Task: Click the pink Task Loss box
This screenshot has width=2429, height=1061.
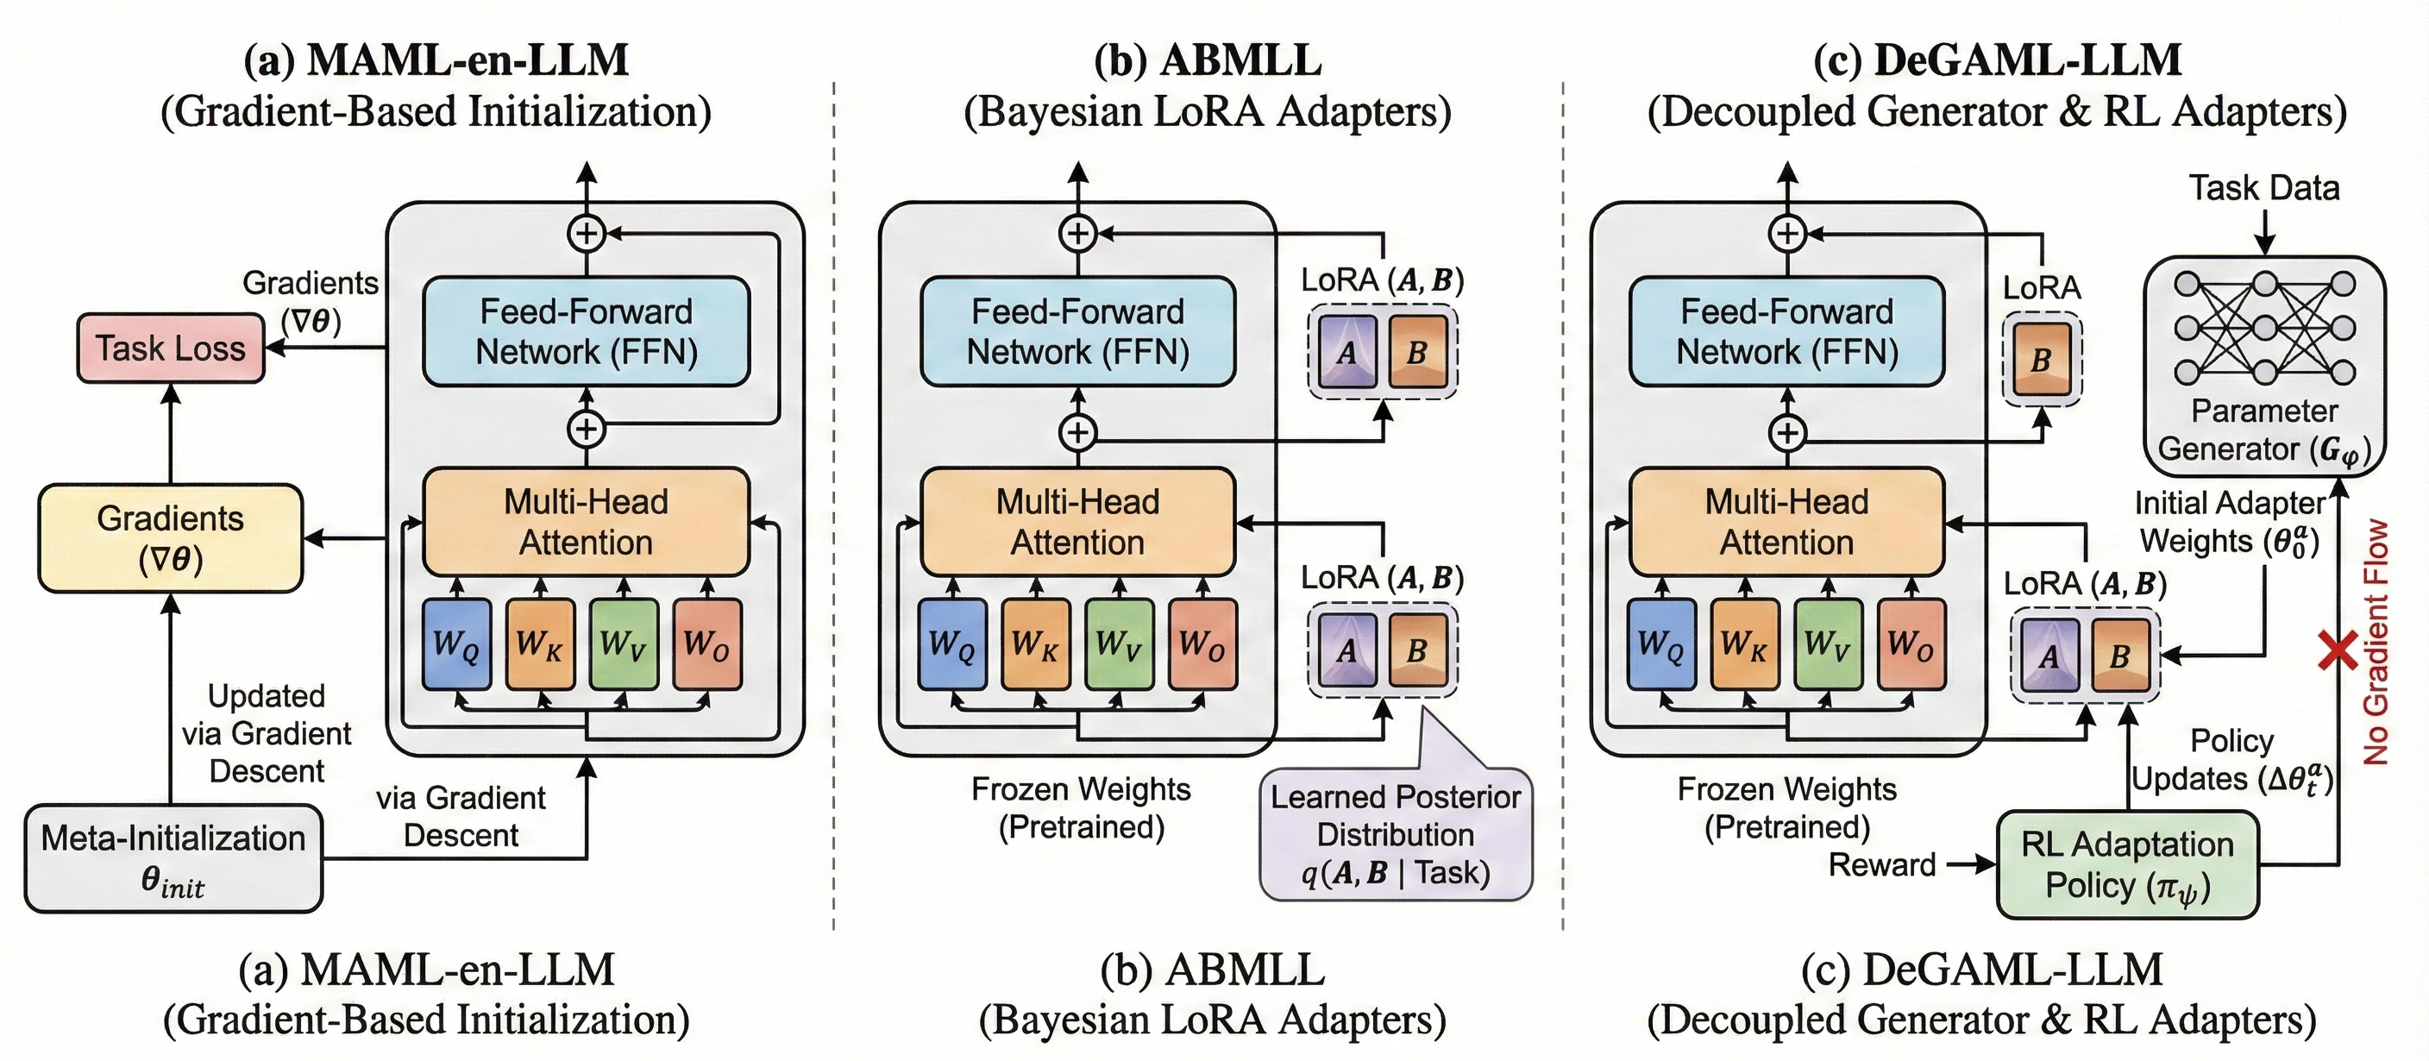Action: click(x=170, y=348)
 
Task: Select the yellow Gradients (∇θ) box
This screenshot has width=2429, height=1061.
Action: click(x=170, y=538)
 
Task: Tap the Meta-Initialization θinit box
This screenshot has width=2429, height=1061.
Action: click(x=173, y=858)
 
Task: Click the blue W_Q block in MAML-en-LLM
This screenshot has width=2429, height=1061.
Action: click(x=456, y=645)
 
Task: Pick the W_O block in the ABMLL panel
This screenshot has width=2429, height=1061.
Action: click(x=1202, y=645)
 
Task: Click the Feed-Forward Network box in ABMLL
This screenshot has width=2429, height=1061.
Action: click(x=1077, y=331)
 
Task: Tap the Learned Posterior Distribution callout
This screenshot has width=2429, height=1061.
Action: click(x=1396, y=835)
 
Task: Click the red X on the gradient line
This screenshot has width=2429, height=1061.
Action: click(x=2338, y=651)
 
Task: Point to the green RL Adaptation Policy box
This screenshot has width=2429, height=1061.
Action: click(x=2127, y=865)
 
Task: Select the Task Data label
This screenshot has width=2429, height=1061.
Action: click(x=2263, y=188)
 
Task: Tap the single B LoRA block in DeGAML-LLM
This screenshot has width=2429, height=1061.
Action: click(x=2042, y=360)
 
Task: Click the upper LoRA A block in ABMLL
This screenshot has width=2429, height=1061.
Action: click(x=1346, y=353)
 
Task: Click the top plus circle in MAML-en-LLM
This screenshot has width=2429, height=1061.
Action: click(x=587, y=233)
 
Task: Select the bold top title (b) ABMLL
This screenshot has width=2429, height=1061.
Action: click(x=1207, y=60)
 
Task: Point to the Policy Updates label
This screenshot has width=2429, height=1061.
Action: click(x=2231, y=760)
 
